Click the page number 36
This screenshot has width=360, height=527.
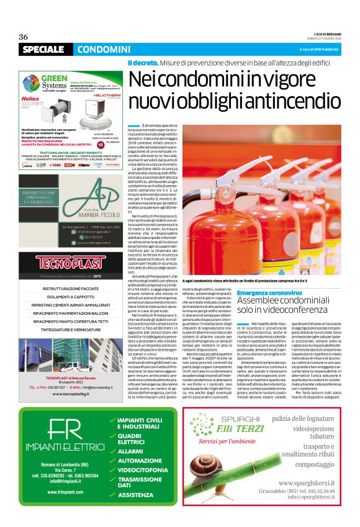coord(24,37)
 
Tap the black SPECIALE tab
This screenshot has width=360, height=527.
coord(43,49)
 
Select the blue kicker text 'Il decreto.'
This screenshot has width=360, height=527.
coord(142,63)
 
